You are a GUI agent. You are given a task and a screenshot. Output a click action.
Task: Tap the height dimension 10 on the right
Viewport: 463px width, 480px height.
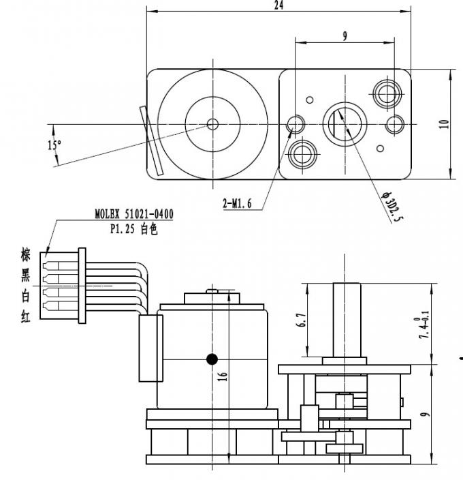click(x=444, y=124)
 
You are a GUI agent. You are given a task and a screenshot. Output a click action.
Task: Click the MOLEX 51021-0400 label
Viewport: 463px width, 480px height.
click(x=133, y=214)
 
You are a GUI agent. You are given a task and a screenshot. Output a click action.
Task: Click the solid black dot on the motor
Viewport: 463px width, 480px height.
click(x=212, y=359)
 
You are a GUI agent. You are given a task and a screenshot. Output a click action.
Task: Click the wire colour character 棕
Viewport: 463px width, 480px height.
click(x=26, y=256)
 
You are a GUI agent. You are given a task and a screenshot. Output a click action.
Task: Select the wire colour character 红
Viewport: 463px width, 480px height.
click(x=26, y=316)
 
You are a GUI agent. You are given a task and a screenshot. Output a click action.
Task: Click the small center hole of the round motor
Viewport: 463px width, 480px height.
click(x=212, y=123)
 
